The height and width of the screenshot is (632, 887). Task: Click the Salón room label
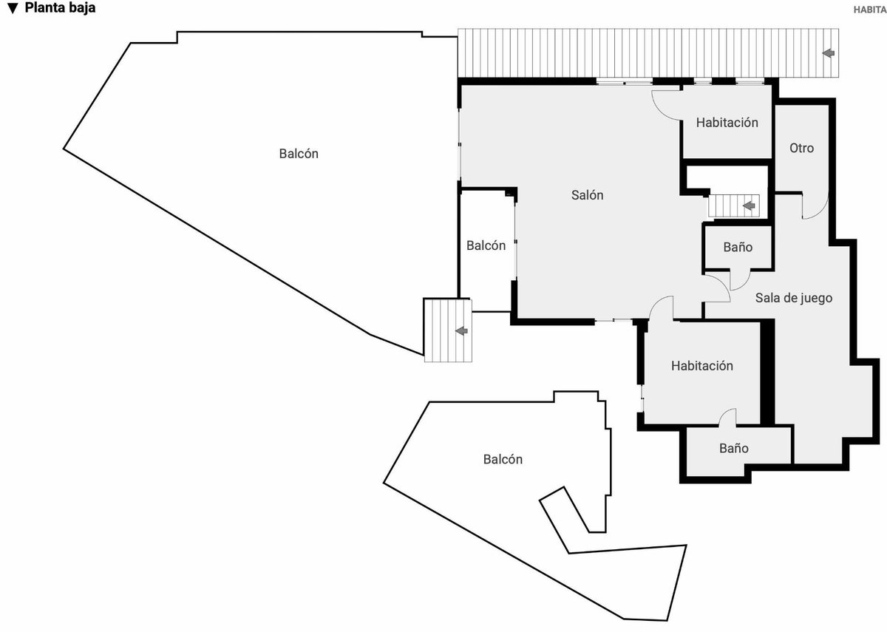coord(587,195)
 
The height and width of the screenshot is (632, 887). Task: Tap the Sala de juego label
coord(794,298)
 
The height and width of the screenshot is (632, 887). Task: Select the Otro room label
coord(801,148)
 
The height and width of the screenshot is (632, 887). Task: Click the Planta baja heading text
coord(60,8)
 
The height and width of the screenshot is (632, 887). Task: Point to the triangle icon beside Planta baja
coord(13,8)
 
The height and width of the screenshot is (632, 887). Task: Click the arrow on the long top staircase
coord(829,52)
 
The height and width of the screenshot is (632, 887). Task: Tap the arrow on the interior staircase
coord(749,206)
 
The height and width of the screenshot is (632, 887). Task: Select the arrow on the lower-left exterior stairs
coord(461,330)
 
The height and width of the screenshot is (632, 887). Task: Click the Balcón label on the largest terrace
coord(299,154)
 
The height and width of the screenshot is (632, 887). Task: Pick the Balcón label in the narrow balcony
coord(486,245)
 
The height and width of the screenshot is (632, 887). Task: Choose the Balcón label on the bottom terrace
coord(503,459)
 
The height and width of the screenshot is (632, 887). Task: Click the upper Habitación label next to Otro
coord(727,123)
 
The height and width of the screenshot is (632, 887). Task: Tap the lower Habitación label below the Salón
coord(702,365)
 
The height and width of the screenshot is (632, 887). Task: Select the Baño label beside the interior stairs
coord(738,247)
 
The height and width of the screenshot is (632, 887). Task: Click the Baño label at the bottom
coord(734,448)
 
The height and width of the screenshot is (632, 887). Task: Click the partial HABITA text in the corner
coord(870,10)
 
